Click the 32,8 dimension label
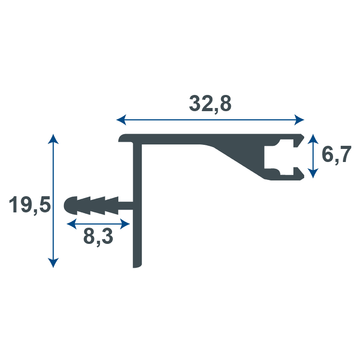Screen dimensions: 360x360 (x=210, y=103)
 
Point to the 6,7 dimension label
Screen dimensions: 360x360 (x=336, y=155)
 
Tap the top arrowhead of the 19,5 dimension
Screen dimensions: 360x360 (x=53, y=138)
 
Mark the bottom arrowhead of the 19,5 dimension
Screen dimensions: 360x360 (x=53, y=263)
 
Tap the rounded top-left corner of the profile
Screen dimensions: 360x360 (x=122, y=138)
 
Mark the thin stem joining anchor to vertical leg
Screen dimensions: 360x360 (x=126, y=206)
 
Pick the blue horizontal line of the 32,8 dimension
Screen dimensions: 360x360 (x=180, y=120)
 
